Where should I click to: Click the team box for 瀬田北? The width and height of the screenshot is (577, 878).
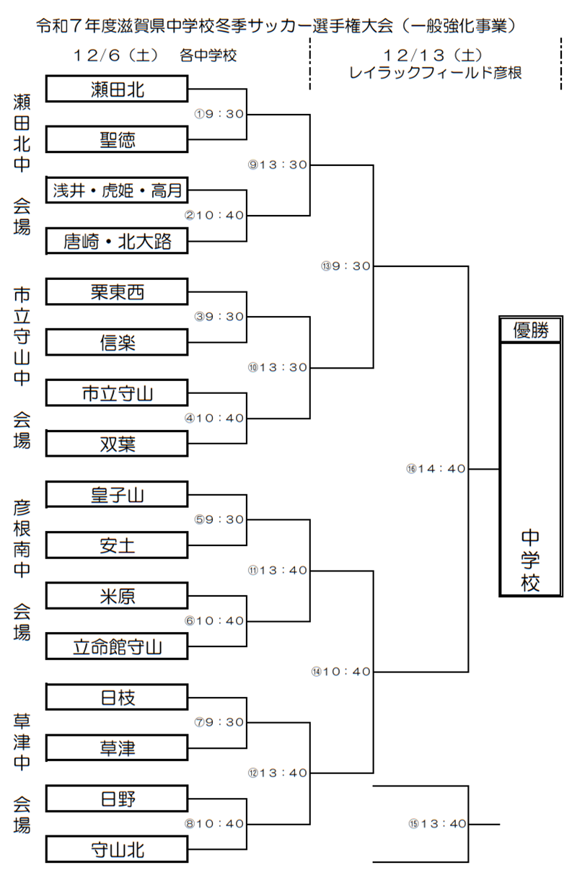(x=117, y=89)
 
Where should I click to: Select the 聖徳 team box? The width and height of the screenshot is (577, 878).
(x=117, y=139)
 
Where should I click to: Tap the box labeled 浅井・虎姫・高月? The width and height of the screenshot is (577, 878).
(x=117, y=190)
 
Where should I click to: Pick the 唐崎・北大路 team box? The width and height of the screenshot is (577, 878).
(x=117, y=241)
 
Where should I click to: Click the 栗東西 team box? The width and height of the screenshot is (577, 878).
(x=117, y=291)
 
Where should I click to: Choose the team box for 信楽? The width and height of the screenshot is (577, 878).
(x=117, y=343)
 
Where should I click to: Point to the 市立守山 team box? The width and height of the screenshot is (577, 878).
(x=117, y=393)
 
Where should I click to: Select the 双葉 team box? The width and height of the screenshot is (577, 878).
(x=117, y=444)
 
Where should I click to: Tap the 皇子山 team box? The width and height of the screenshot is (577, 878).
(x=117, y=495)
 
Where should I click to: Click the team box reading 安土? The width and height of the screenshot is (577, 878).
(x=117, y=545)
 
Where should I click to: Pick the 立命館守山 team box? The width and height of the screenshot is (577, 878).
(x=117, y=647)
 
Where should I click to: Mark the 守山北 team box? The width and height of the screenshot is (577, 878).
(x=117, y=850)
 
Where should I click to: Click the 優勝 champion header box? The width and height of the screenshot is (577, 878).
(x=531, y=330)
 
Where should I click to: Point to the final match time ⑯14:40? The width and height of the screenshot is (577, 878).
(x=436, y=469)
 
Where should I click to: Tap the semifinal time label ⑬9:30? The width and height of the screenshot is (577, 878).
(x=346, y=266)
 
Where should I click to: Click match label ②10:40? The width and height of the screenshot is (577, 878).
(x=214, y=215)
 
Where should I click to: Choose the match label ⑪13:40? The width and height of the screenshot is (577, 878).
(x=277, y=570)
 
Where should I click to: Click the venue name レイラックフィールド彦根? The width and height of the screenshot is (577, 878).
(x=435, y=73)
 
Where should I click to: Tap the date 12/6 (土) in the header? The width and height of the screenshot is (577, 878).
(x=115, y=56)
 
